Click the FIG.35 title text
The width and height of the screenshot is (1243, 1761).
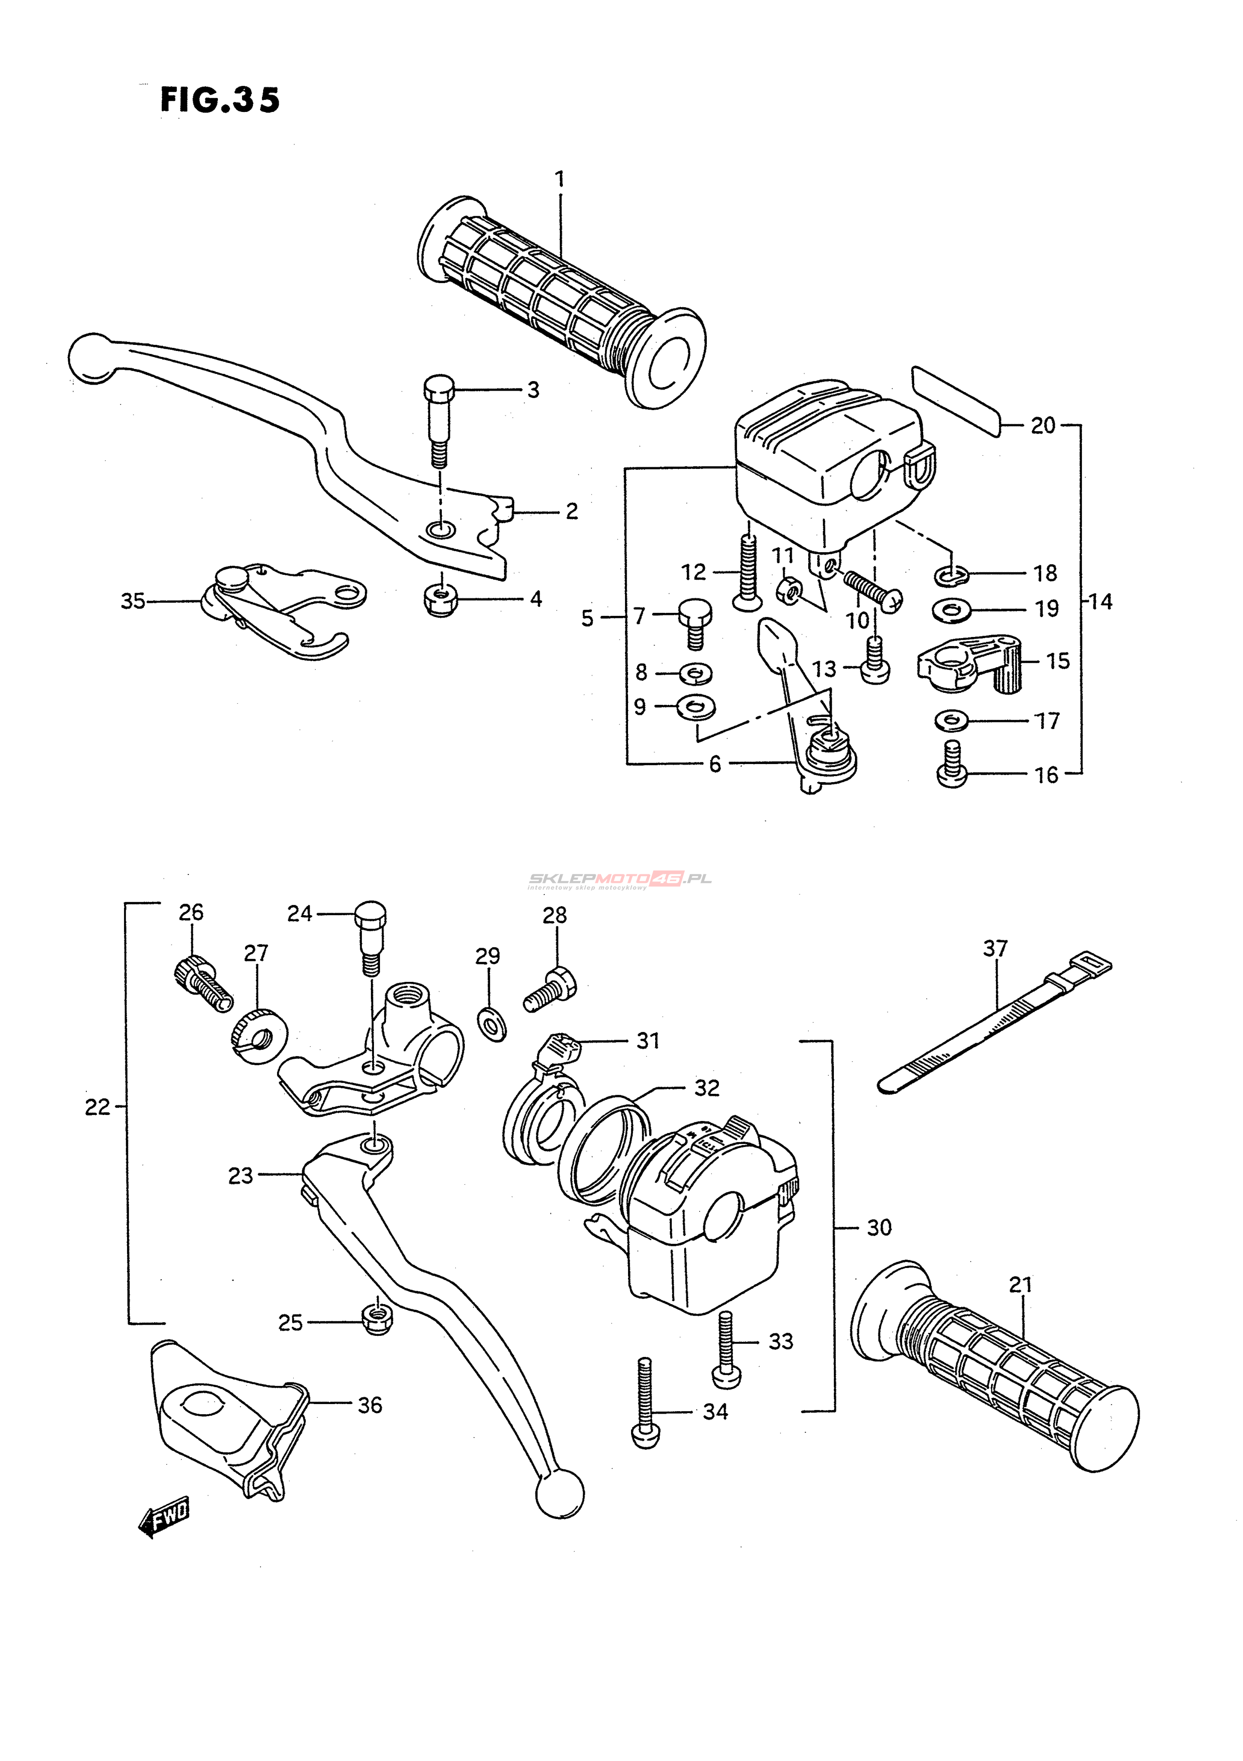click(220, 100)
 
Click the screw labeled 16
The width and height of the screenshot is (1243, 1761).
click(952, 766)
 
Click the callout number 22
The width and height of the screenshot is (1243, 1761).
click(97, 1107)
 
